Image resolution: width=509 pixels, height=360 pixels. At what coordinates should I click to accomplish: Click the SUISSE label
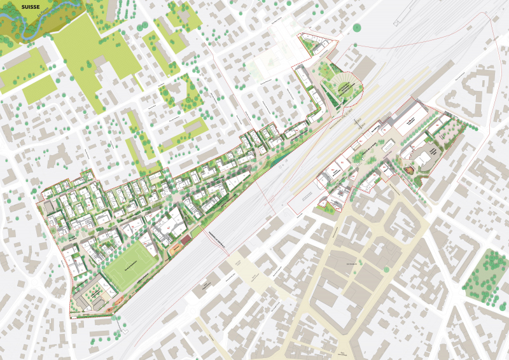30,6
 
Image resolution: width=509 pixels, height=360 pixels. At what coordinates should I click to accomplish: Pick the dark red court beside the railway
186,240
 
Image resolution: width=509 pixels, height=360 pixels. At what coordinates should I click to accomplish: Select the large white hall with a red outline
410,120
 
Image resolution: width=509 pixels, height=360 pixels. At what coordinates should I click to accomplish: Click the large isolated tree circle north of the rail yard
358,27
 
